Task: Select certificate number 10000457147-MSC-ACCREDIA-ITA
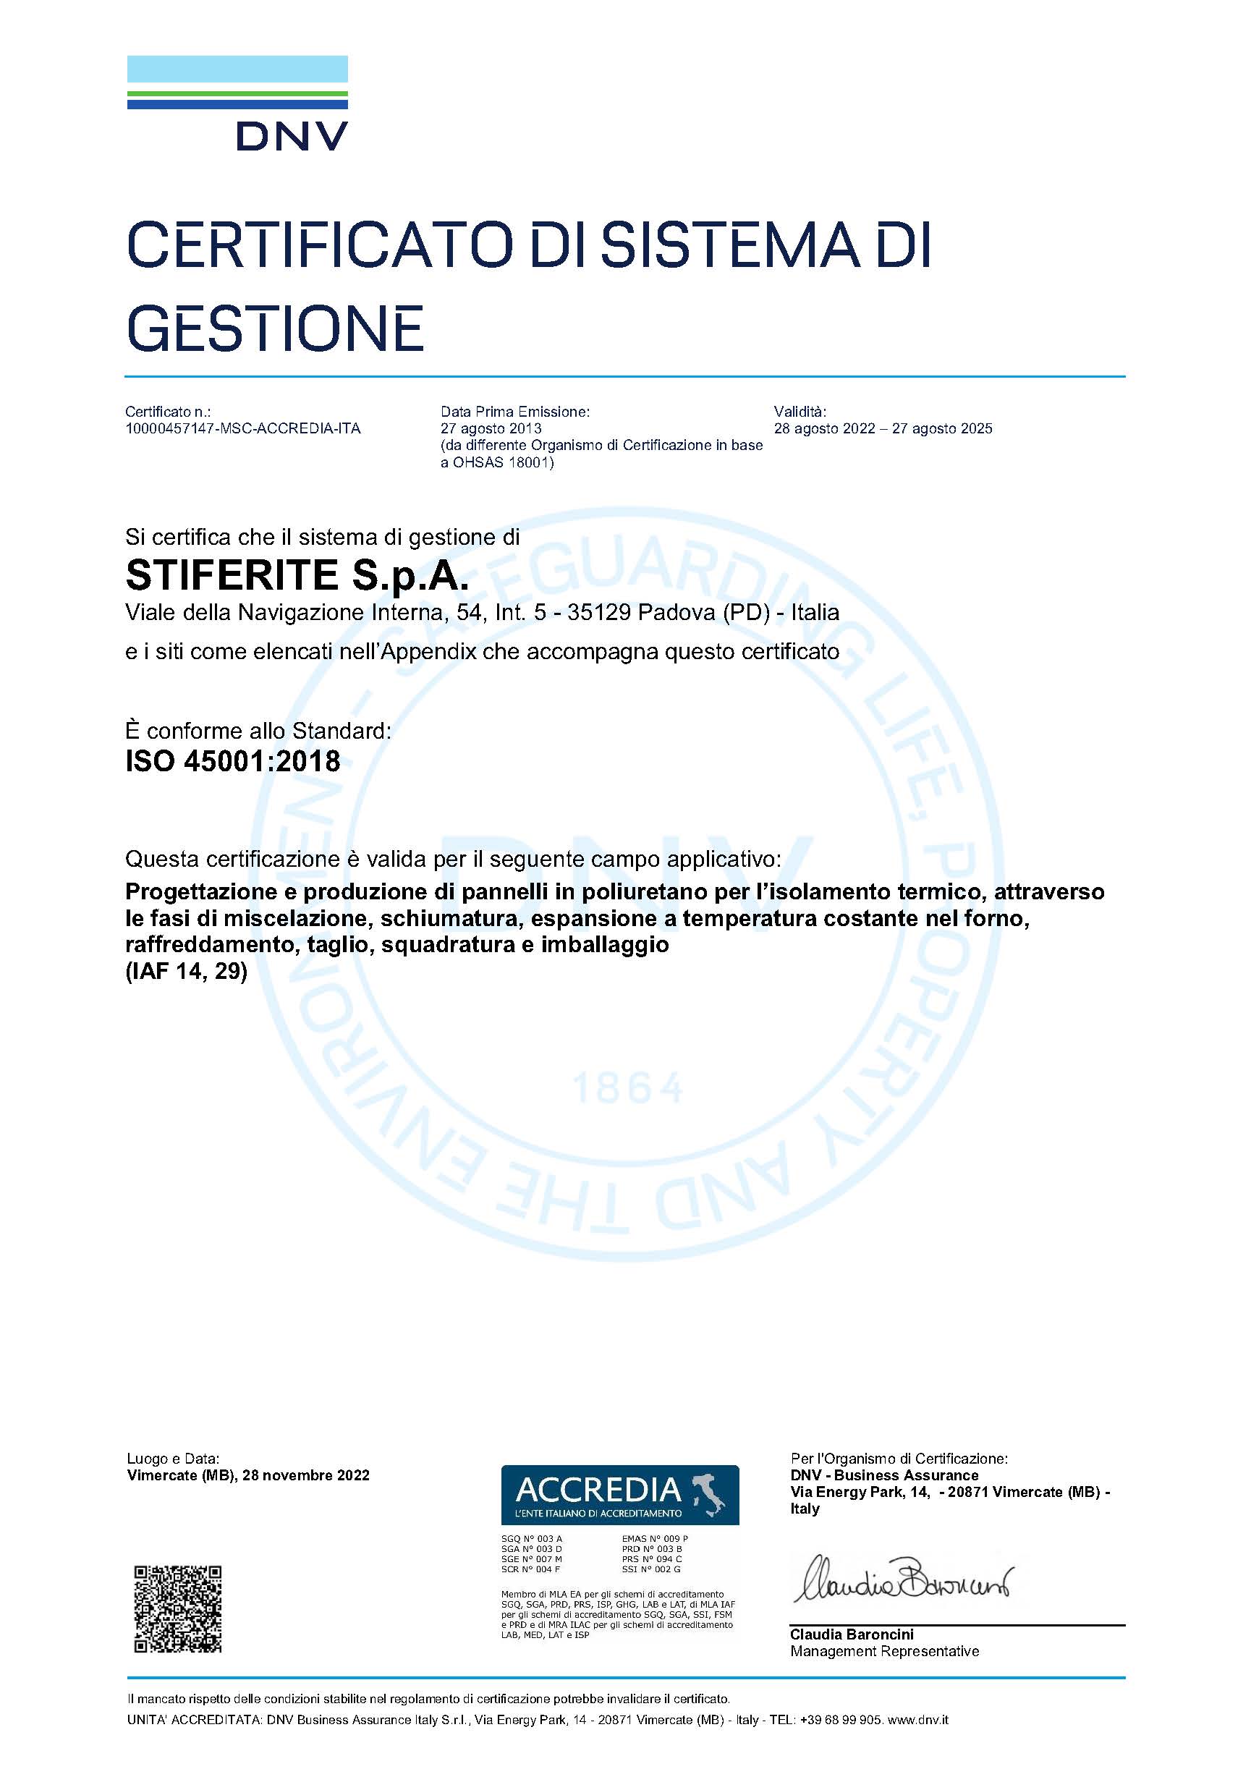point(242,428)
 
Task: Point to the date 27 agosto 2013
point(491,428)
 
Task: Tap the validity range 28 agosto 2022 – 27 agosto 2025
point(883,428)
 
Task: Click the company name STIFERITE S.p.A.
point(297,575)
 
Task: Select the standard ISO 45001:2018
point(233,761)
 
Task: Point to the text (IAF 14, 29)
point(187,972)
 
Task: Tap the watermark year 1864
point(628,1088)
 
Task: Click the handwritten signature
point(904,1579)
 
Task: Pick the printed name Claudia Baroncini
point(851,1634)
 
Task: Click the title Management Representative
point(884,1651)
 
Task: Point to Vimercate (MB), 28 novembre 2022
point(248,1475)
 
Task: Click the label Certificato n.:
point(168,412)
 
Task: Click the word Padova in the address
point(677,613)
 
